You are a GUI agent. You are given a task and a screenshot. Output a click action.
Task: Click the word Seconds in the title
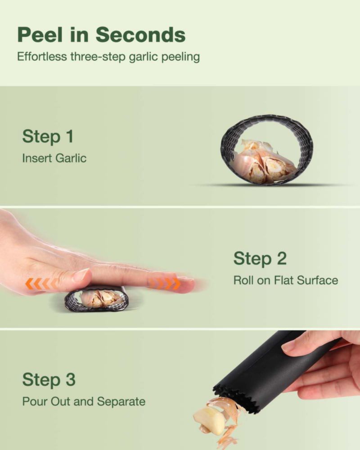[x=141, y=35]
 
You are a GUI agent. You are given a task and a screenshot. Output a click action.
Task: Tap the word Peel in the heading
[x=40, y=35]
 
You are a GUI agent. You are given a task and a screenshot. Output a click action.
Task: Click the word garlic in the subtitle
[x=143, y=57]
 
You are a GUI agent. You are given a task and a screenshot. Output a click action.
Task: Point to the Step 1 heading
[x=48, y=136]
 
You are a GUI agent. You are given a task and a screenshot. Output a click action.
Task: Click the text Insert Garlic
[x=54, y=158]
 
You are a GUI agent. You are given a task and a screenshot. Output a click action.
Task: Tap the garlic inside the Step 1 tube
[x=264, y=162]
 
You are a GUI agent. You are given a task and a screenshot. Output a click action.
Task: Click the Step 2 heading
[x=260, y=258]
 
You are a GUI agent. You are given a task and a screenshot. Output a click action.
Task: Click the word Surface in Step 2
[x=318, y=280]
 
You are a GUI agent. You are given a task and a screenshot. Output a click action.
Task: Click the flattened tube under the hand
[x=96, y=299]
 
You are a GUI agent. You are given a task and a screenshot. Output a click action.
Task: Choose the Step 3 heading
[x=49, y=379]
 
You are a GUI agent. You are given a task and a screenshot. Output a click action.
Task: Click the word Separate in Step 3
[x=121, y=401]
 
